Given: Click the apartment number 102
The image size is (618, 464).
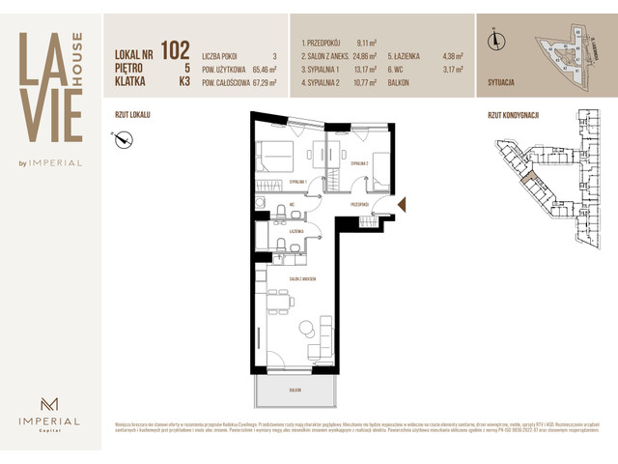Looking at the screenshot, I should [175, 48].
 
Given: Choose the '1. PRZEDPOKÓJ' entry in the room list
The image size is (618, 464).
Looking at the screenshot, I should [325, 43].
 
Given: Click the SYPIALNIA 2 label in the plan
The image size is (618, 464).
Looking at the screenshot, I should [359, 163].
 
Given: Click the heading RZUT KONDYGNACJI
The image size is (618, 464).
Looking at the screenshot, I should [514, 114].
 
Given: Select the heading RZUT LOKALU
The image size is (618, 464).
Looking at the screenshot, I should [133, 114].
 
